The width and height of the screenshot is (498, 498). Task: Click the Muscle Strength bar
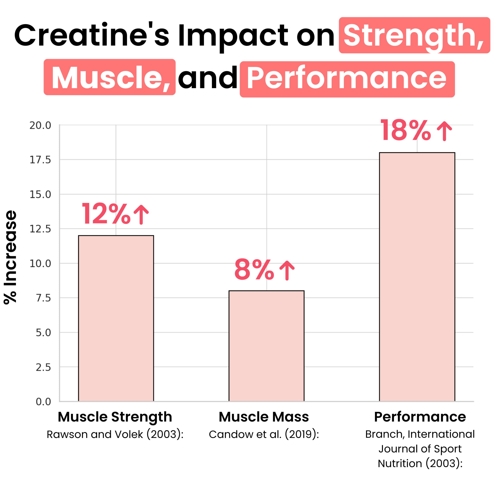[x=116, y=318]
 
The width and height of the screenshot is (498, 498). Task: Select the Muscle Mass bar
[x=266, y=346]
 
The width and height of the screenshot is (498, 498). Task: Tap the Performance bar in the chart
[x=417, y=277]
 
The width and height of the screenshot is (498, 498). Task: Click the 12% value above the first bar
[x=106, y=214]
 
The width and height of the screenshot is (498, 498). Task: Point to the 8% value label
[x=254, y=270]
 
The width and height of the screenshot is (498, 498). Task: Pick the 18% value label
[x=405, y=130]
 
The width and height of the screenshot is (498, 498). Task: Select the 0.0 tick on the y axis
[x=43, y=402]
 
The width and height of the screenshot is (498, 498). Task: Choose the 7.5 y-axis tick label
[x=43, y=298]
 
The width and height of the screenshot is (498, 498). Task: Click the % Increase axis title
[x=10, y=257]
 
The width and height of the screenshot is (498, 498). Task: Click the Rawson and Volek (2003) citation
[x=115, y=434]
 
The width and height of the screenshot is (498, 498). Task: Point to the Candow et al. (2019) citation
[x=264, y=434]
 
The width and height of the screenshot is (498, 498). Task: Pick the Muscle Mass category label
[x=264, y=417]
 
